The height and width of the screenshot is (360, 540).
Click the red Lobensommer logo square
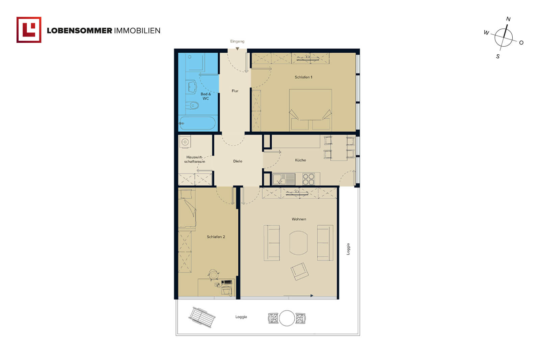(29, 30)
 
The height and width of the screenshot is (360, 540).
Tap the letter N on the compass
(508, 19)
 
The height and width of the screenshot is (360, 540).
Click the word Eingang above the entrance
(237, 41)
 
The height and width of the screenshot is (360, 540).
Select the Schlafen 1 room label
(303, 77)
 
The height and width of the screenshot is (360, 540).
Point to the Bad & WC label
(206, 96)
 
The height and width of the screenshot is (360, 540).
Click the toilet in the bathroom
(192, 105)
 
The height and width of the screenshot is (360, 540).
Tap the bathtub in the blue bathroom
(197, 123)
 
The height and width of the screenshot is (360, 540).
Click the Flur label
(235, 91)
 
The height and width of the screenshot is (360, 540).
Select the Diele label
(238, 161)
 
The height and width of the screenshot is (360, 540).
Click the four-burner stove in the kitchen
(308, 179)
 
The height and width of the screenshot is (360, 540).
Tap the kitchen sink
(284, 179)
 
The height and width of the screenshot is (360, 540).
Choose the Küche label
(300, 160)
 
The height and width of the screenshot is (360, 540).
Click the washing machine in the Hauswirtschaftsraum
(185, 142)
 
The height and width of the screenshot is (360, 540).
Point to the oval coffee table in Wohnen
(298, 243)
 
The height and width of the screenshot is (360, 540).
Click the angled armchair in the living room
(299, 271)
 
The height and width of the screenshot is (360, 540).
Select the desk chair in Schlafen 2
(213, 275)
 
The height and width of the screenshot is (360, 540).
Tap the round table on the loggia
(287, 318)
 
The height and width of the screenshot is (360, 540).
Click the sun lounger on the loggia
(202, 317)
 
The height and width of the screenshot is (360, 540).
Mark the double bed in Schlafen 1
(310, 110)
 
